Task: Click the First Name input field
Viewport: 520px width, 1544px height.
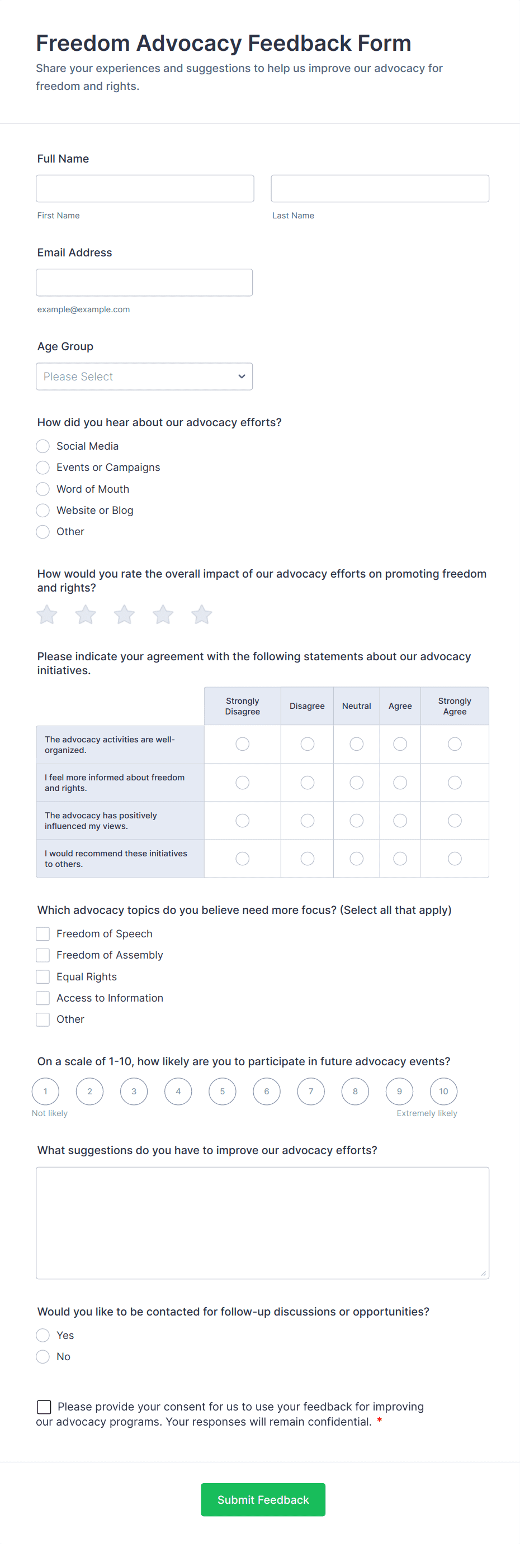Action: [x=145, y=188]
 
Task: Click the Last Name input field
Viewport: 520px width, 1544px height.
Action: [x=380, y=188]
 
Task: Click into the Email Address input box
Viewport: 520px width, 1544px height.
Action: [x=144, y=282]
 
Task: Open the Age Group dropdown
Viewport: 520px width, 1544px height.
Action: [x=144, y=377]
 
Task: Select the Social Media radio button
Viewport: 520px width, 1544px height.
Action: [x=42, y=446]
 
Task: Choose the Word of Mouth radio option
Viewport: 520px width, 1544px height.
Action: [x=42, y=489]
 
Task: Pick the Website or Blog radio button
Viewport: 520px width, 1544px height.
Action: [x=42, y=510]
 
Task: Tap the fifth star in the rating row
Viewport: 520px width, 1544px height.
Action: [x=201, y=614]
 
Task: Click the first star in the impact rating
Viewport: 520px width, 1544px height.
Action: [x=47, y=614]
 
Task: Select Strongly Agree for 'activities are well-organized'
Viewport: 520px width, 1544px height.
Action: [x=455, y=744]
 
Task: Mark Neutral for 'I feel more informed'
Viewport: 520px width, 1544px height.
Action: [x=356, y=782]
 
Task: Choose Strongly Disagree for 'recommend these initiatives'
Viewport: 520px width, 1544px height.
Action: [x=242, y=859]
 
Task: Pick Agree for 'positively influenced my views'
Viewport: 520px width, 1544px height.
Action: [x=400, y=821]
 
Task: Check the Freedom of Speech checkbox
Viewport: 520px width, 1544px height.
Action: [x=42, y=934]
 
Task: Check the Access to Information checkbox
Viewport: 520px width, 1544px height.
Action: [x=42, y=998]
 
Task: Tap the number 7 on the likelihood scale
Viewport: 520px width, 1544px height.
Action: [x=311, y=1092]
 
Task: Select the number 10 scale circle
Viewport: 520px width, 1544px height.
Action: [x=443, y=1092]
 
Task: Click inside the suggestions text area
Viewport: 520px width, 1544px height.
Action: [x=262, y=1223]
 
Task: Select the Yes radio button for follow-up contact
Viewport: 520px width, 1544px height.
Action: [x=42, y=1336]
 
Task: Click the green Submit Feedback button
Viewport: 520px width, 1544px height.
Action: [x=263, y=1500]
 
